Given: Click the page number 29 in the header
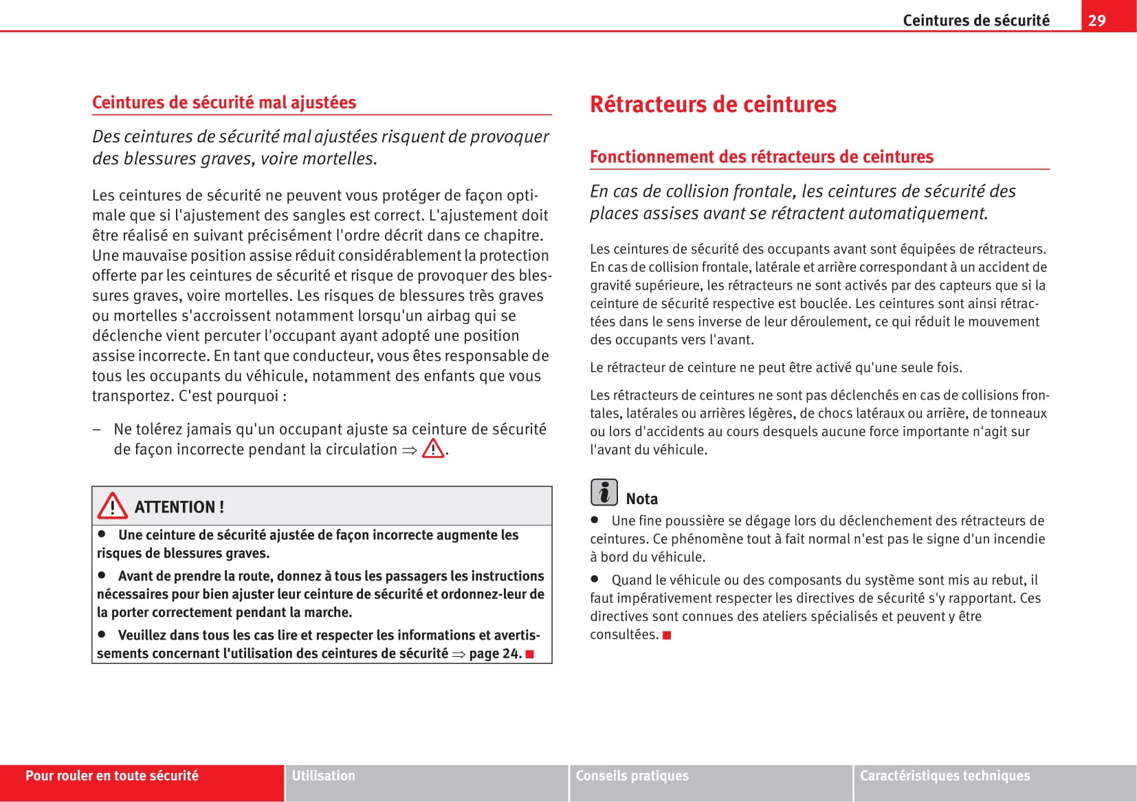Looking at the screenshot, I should point(1097,20).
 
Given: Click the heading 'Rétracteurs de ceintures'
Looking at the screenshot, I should point(713,105).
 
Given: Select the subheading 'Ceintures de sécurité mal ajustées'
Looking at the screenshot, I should point(224,102).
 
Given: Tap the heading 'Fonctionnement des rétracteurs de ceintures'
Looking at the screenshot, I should point(761,157).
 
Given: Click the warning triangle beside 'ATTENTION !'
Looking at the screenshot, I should point(112,506).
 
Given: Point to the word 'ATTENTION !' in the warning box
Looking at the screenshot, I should point(179,507).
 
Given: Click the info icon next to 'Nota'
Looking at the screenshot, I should point(604,492).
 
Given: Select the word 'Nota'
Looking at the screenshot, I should point(641,499).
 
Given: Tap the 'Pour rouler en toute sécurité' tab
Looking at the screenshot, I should point(112,776).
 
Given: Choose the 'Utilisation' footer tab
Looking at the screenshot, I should point(324,776).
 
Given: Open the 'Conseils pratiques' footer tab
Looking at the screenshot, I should point(632,776).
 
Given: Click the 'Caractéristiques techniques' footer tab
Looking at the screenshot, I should point(945,776).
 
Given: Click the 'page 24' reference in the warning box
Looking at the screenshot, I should point(494,653).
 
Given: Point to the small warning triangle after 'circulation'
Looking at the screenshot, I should point(433,449).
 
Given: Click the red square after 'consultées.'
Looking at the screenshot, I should point(667,635).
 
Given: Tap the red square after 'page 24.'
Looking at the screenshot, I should point(530,653).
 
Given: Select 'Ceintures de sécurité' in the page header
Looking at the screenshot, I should point(975,20).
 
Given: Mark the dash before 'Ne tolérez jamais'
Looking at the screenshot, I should point(98,429).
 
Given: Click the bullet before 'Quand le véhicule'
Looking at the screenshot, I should point(595,579).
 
